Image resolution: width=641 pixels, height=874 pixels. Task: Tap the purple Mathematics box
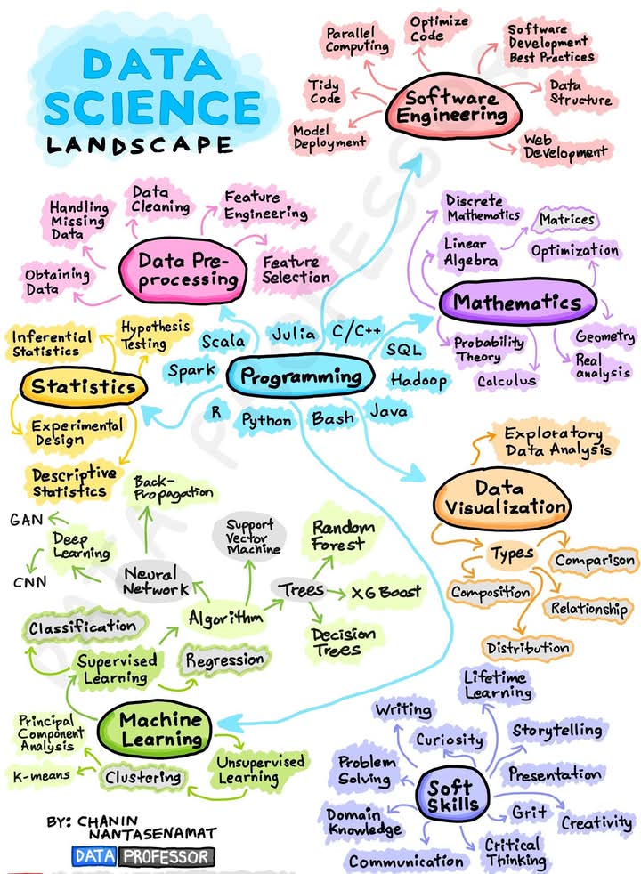(516, 302)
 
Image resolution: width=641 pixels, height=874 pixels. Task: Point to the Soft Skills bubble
(451, 795)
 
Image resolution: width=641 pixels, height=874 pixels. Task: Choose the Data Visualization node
(502, 499)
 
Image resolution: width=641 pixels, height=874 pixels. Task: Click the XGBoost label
(385, 592)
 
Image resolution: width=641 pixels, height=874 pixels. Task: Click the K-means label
(41, 776)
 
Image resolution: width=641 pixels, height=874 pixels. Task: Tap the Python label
(266, 418)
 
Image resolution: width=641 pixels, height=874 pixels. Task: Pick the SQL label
(403, 350)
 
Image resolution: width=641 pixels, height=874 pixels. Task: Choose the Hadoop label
(418, 381)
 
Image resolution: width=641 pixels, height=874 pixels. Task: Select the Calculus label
(507, 381)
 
